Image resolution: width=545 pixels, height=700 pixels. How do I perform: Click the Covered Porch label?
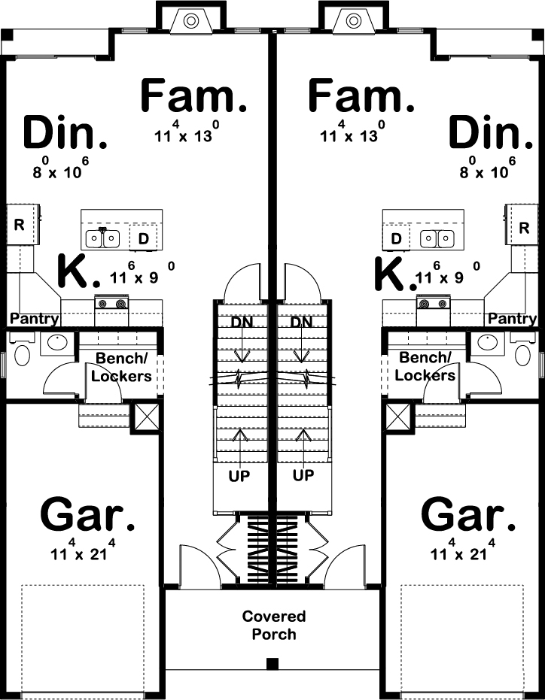click(x=273, y=625)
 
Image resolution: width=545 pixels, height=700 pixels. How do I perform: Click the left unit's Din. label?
click(x=65, y=133)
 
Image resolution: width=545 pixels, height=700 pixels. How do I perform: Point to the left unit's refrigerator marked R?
click(x=19, y=224)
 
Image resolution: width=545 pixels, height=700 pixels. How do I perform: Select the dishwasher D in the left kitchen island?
click(x=143, y=238)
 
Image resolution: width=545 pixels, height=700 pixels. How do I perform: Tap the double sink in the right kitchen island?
click(x=437, y=238)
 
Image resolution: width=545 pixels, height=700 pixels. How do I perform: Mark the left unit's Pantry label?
click(x=35, y=319)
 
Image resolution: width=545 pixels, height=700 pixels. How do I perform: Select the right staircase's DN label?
click(x=302, y=323)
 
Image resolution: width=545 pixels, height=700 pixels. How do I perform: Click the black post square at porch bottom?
click(x=272, y=664)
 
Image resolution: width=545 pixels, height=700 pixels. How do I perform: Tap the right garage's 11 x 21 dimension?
click(x=461, y=554)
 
